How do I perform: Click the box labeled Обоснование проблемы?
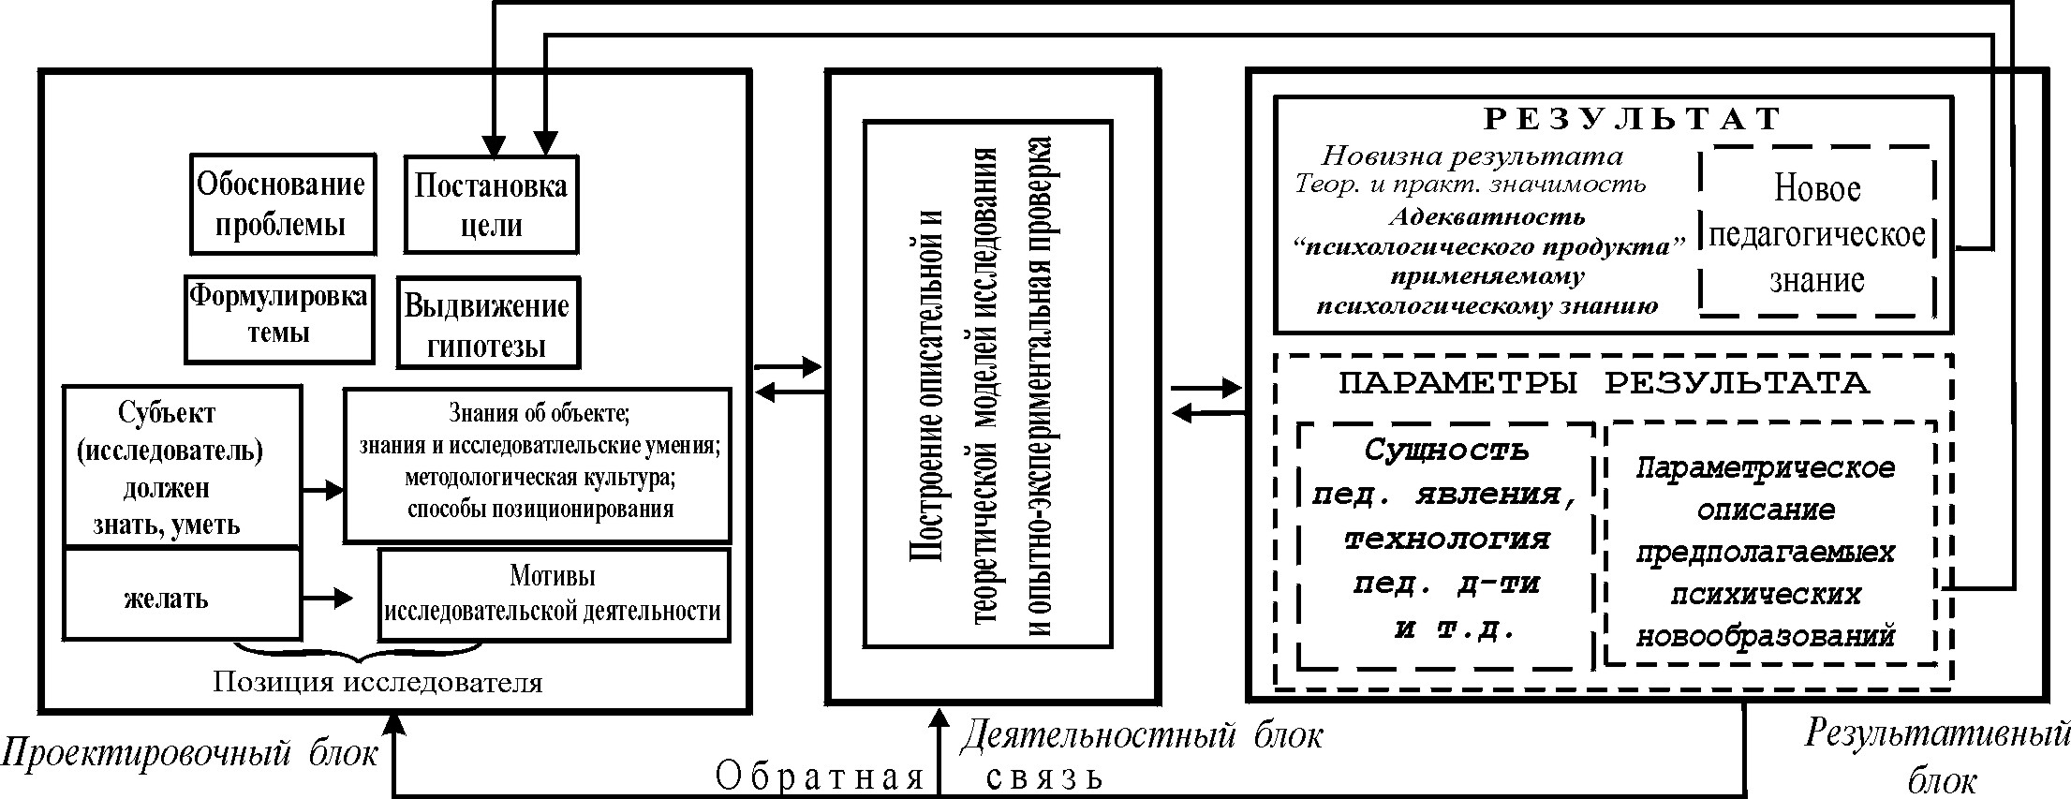coord(282,204)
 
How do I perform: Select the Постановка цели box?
coord(490,205)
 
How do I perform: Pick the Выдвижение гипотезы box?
coord(487,323)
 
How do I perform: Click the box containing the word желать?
coord(182,596)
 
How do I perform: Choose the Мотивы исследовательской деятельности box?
coord(553,594)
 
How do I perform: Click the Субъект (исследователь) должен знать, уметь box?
coord(182,466)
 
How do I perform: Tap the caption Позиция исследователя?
coord(377,682)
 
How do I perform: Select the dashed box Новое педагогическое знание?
coord(1816,233)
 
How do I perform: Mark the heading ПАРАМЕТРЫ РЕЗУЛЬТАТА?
coord(1605,383)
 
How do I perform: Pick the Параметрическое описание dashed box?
coord(1767,552)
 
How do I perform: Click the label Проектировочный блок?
coord(189,752)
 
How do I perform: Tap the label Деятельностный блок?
coord(1141,736)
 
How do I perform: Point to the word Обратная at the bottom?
coord(821,777)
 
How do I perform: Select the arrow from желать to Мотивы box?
coord(328,597)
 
